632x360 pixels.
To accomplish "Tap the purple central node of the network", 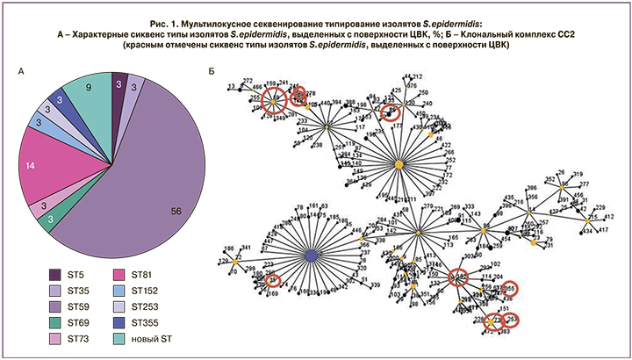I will tap(311, 256).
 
